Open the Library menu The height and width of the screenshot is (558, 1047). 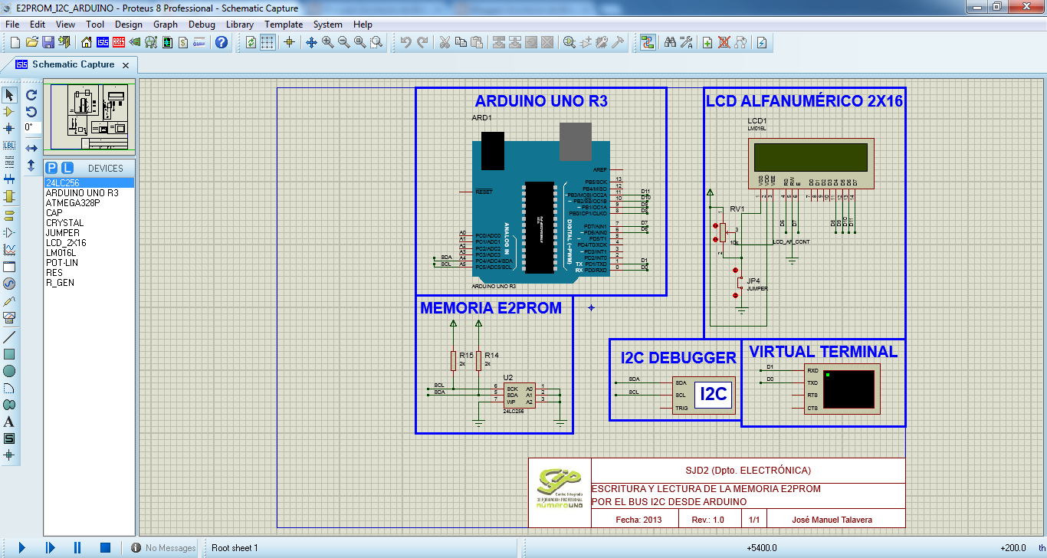[240, 25]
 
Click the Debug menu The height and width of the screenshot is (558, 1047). [202, 25]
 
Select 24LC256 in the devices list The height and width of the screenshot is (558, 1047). [62, 183]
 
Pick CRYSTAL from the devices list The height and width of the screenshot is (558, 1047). [64, 223]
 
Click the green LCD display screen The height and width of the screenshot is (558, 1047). [811, 158]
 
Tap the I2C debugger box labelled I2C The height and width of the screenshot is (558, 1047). [714, 394]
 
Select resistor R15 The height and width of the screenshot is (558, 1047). [453, 360]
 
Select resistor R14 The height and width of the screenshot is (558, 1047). [478, 360]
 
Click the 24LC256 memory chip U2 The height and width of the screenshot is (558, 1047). [519, 395]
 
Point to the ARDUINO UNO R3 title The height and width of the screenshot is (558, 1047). [541, 101]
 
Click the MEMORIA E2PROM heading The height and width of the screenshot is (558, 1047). [491, 308]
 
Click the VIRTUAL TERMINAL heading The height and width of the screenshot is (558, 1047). [823, 352]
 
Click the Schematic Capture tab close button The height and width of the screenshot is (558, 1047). [126, 65]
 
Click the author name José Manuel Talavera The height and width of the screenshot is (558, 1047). [832, 520]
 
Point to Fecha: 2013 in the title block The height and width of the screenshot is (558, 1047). [638, 520]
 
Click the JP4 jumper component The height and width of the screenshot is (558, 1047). [737, 283]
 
